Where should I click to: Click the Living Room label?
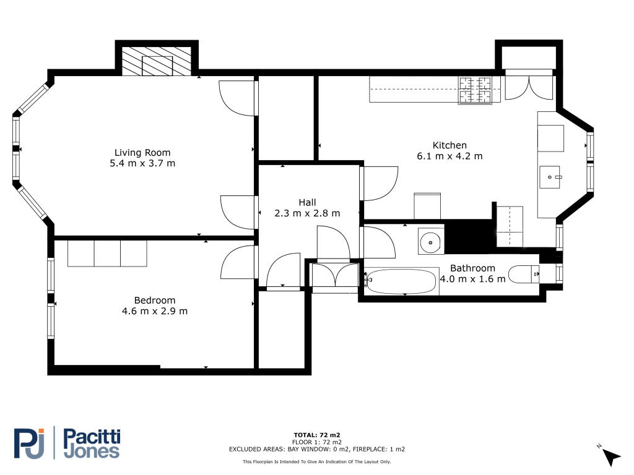pos(142,153)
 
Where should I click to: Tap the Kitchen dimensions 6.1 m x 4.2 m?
pos(449,156)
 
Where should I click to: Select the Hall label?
pos(307,202)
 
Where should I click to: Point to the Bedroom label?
pos(155,300)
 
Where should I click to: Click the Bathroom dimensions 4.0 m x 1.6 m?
pos(472,279)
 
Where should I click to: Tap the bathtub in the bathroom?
pos(401,281)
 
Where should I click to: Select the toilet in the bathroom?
pos(524,274)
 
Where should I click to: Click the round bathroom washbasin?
pos(431,242)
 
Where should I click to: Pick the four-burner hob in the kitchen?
pos(475,90)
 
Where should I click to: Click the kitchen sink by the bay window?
pos(550,177)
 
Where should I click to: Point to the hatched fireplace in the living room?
pos(157,61)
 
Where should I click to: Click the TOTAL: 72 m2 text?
pos(316,435)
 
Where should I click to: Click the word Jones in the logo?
pos(92,451)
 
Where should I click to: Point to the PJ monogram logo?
pos(29,443)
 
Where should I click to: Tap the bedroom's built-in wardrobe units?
pos(107,254)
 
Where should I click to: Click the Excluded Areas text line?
pos(316,449)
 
